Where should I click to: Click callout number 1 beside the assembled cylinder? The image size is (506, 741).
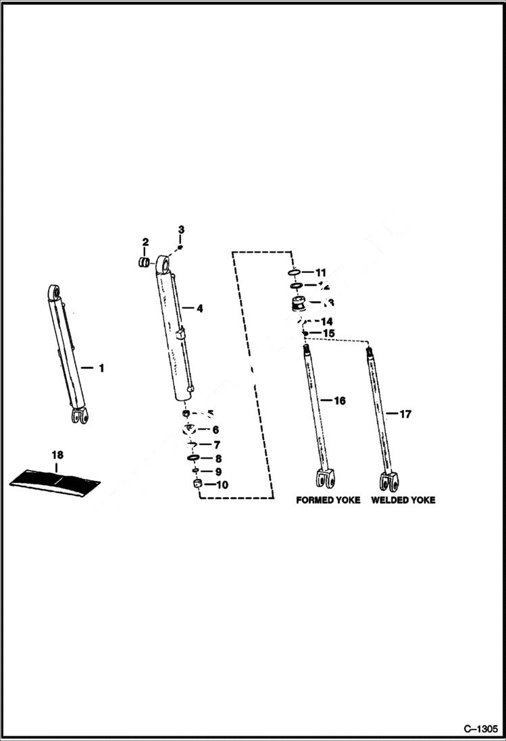pyautogui.click(x=101, y=368)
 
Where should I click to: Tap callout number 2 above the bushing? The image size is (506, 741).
pyautogui.click(x=145, y=242)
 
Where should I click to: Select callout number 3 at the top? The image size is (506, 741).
pyautogui.click(x=181, y=230)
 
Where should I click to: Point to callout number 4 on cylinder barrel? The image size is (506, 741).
pyautogui.click(x=199, y=308)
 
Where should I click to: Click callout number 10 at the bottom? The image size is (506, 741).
pyautogui.click(x=222, y=484)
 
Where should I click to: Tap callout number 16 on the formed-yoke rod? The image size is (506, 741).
pyautogui.click(x=339, y=401)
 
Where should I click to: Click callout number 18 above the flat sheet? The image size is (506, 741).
pyautogui.click(x=57, y=453)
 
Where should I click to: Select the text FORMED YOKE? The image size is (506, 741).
pyautogui.click(x=328, y=501)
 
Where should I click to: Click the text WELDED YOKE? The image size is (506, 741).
pyautogui.click(x=403, y=501)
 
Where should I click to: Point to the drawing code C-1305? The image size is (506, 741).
pyautogui.click(x=480, y=729)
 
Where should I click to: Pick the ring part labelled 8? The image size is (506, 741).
pyautogui.click(x=192, y=458)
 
